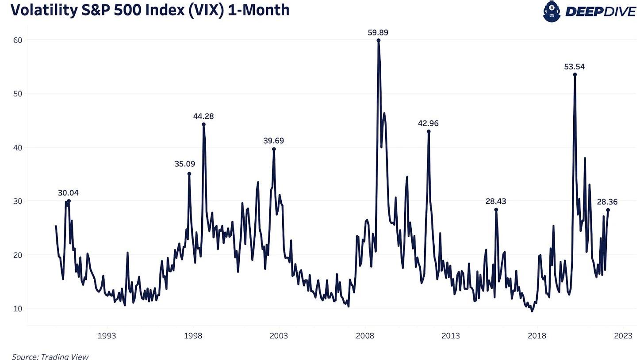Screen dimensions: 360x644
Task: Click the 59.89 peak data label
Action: pyautogui.click(x=378, y=32)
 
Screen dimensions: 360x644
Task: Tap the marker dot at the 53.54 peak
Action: pyautogui.click(x=575, y=74)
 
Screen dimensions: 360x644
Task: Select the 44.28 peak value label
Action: pyautogui.click(x=203, y=116)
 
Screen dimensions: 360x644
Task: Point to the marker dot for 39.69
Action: pyautogui.click(x=274, y=149)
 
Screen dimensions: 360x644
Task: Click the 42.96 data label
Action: pyautogui.click(x=428, y=123)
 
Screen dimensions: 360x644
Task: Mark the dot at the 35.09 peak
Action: pyautogui.click(x=189, y=174)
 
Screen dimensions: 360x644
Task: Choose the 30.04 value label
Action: pyautogui.click(x=68, y=193)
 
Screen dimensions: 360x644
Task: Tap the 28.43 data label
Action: pyautogui.click(x=496, y=201)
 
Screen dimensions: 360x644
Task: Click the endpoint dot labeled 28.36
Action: pyautogui.click(x=608, y=210)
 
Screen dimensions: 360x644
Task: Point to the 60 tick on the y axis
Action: pyautogui.click(x=17, y=40)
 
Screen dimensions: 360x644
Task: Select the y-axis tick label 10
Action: pyautogui.click(x=17, y=308)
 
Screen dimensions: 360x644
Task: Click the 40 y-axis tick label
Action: pyautogui.click(x=17, y=147)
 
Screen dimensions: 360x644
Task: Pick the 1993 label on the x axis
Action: pyautogui.click(x=107, y=336)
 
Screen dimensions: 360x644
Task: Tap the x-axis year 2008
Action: pyautogui.click(x=365, y=336)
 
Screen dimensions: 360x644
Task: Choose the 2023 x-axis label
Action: pyautogui.click(x=623, y=336)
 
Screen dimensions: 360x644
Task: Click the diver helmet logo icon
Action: pyautogui.click(x=552, y=11)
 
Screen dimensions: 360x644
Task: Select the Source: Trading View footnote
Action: pyautogui.click(x=50, y=356)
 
